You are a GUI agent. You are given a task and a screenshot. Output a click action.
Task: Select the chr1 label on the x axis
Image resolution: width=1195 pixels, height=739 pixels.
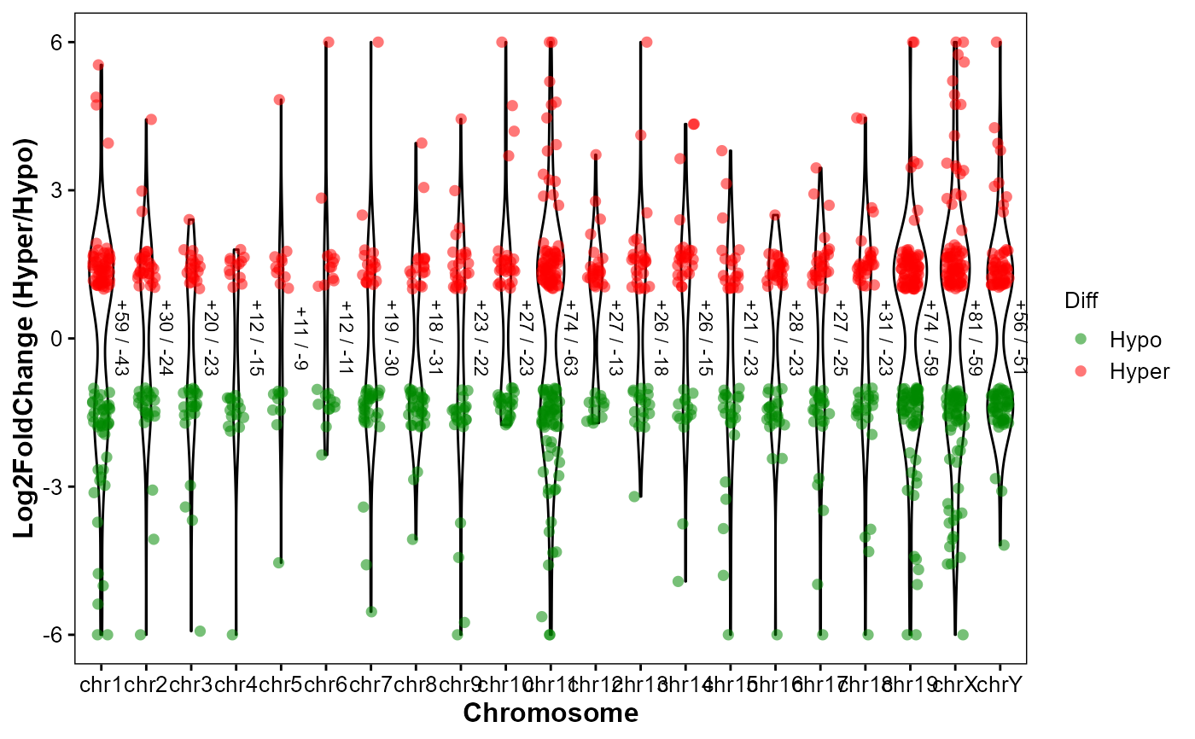click(x=101, y=684)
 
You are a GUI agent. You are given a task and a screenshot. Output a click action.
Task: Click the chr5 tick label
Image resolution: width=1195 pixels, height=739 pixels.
click(x=280, y=684)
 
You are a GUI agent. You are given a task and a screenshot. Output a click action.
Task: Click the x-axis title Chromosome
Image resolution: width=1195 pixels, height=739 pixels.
click(x=551, y=713)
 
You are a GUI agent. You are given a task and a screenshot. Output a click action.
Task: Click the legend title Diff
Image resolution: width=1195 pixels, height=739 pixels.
click(x=1081, y=300)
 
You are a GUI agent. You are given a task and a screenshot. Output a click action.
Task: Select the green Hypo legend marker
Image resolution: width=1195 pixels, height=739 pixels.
click(x=1081, y=340)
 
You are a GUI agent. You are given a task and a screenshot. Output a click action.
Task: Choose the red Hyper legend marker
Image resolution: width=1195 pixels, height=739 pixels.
click(x=1081, y=370)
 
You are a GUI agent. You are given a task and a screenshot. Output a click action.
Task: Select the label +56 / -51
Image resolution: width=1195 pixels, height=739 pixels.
click(x=1019, y=337)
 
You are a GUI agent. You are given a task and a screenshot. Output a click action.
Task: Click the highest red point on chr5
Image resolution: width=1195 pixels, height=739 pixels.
click(x=279, y=100)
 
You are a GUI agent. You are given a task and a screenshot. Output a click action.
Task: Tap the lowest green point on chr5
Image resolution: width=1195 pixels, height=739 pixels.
click(x=278, y=562)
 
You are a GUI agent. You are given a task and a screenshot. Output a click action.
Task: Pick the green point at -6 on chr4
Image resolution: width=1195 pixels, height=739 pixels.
click(x=232, y=634)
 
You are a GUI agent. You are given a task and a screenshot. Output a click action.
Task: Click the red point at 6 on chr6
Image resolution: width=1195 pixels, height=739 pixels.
click(x=329, y=42)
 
